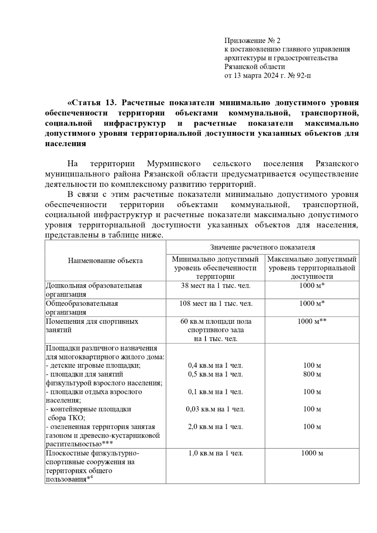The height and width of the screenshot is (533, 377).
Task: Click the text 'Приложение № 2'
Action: (252, 40)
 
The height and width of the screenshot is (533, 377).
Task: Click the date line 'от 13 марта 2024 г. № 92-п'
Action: (268, 76)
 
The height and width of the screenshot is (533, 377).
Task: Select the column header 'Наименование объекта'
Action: (105, 261)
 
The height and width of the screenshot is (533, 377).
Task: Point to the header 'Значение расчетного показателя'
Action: (262, 247)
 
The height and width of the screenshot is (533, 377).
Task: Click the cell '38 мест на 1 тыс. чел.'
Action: (216, 286)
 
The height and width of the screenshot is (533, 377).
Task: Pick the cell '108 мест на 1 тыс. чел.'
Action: (216, 304)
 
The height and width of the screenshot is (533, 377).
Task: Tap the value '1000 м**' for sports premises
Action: (312, 321)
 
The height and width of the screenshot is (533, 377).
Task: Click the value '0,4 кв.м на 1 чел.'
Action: (216, 365)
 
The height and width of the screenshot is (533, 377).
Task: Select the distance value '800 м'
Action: (312, 374)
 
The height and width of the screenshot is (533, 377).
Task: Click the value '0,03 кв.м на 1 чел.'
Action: (216, 409)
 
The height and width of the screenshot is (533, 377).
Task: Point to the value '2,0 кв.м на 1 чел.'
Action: (216, 427)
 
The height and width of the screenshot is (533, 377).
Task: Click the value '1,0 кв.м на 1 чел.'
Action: (216, 453)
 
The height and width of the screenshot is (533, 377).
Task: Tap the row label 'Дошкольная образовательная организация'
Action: (94, 290)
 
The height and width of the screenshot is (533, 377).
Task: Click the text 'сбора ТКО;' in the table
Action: (67, 418)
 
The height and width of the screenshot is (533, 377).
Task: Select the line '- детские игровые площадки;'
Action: (93, 366)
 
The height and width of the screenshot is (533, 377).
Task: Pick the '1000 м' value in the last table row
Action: (312, 453)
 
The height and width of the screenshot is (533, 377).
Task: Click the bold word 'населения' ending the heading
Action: (65, 144)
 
